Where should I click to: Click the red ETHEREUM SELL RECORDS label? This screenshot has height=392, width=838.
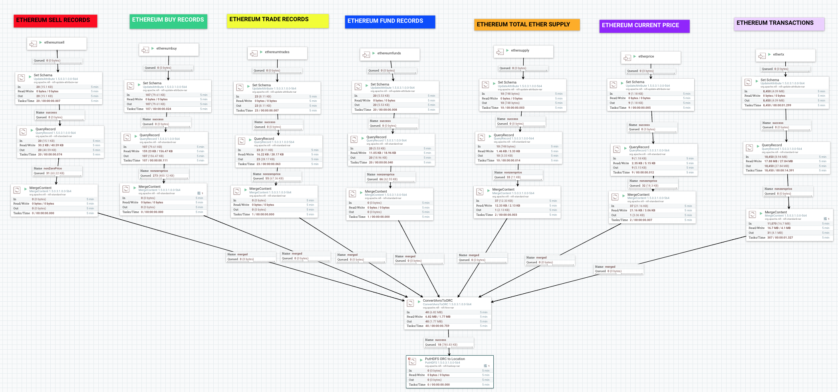[55, 20]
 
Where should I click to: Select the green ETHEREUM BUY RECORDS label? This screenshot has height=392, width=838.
[168, 20]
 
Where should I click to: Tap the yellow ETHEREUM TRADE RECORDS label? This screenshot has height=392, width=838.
[277, 20]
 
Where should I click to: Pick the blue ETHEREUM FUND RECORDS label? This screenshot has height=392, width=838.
[389, 21]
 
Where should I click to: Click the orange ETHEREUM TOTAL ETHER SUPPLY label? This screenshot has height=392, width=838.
[526, 25]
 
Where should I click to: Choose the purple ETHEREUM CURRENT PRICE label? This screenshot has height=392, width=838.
[644, 26]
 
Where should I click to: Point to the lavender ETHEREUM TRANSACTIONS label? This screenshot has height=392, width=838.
[778, 23]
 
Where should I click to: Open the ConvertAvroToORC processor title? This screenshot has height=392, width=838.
[438, 300]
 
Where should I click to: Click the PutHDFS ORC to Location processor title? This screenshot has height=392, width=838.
[445, 359]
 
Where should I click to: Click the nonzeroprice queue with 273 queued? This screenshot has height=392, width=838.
[163, 173]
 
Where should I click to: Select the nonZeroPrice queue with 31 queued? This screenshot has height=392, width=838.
[57, 171]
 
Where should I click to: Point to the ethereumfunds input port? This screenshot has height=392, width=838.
[389, 54]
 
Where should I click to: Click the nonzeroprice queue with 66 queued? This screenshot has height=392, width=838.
[390, 177]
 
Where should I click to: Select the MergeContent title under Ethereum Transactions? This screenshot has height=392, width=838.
[775, 212]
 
